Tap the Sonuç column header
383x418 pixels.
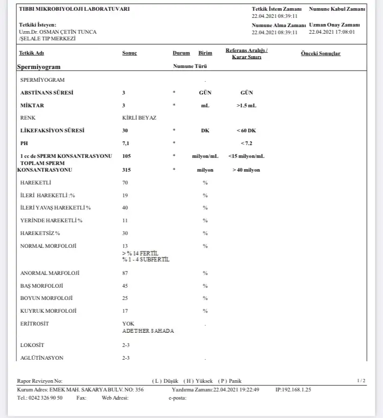[x=129, y=53]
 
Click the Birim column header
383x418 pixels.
[x=205, y=53]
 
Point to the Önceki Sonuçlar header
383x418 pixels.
[x=321, y=54]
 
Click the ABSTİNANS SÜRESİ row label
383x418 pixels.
[x=46, y=92]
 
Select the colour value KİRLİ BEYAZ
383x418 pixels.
[x=139, y=118]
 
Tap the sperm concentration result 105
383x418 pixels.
[x=127, y=156]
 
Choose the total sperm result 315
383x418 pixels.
[x=127, y=170]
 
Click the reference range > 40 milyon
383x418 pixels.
[x=246, y=170]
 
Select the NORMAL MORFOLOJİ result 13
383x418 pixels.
[x=125, y=246]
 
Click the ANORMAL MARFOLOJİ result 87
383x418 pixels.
[x=125, y=273]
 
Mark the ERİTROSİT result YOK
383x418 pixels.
[x=128, y=323]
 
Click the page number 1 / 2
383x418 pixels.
[x=361, y=381]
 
